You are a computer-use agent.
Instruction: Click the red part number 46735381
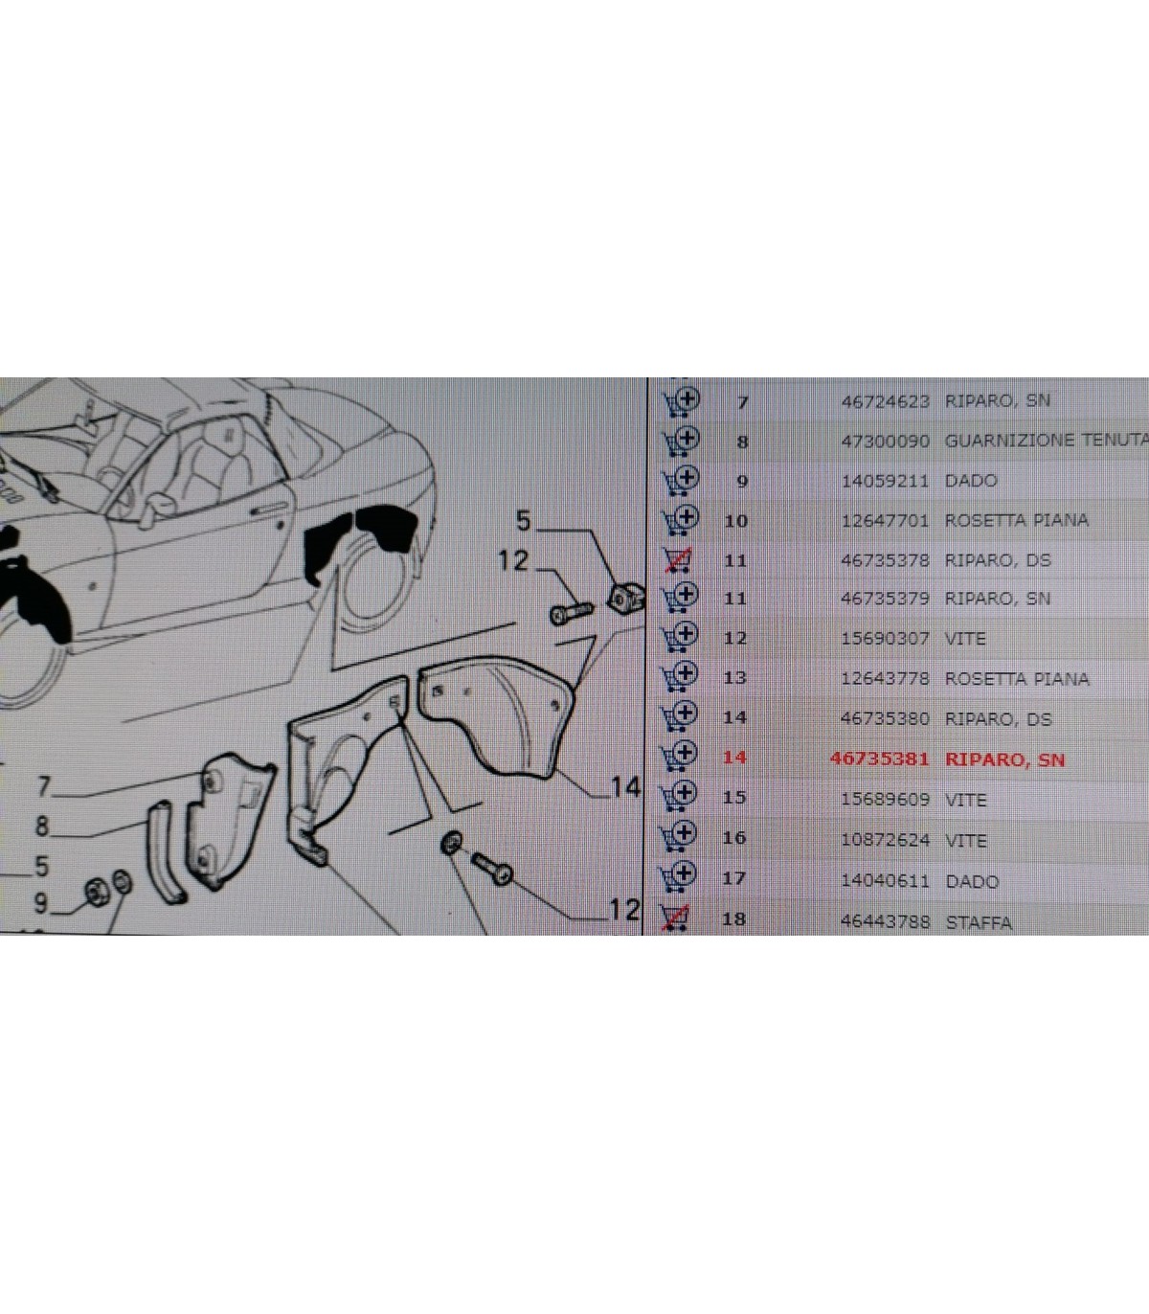pyautogui.click(x=879, y=759)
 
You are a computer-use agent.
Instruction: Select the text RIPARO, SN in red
pyautogui.click(x=1004, y=759)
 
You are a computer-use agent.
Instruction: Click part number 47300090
pyautogui.click(x=885, y=442)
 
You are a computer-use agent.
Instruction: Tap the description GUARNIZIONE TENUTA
pyautogui.click(x=1047, y=440)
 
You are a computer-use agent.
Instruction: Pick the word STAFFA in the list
pyautogui.click(x=979, y=923)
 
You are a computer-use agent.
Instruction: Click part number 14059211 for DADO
pyautogui.click(x=885, y=481)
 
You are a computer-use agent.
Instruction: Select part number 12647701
pyautogui.click(x=885, y=520)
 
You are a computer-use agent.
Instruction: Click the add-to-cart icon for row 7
pyautogui.click(x=682, y=401)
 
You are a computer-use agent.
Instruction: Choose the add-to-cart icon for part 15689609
pyautogui.click(x=679, y=797)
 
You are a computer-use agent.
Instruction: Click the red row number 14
pyautogui.click(x=735, y=758)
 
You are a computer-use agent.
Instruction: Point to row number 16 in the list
pyautogui.click(x=734, y=837)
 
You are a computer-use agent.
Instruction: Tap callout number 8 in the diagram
pyautogui.click(x=42, y=826)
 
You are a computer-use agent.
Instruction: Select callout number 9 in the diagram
pyautogui.click(x=40, y=904)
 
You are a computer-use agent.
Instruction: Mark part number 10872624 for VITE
pyautogui.click(x=885, y=840)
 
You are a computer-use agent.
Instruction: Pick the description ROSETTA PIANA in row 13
pyautogui.click(x=1017, y=679)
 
